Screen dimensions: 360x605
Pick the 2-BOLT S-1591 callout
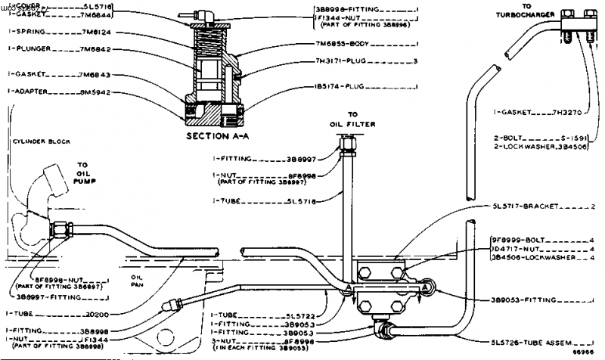point(544,139)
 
